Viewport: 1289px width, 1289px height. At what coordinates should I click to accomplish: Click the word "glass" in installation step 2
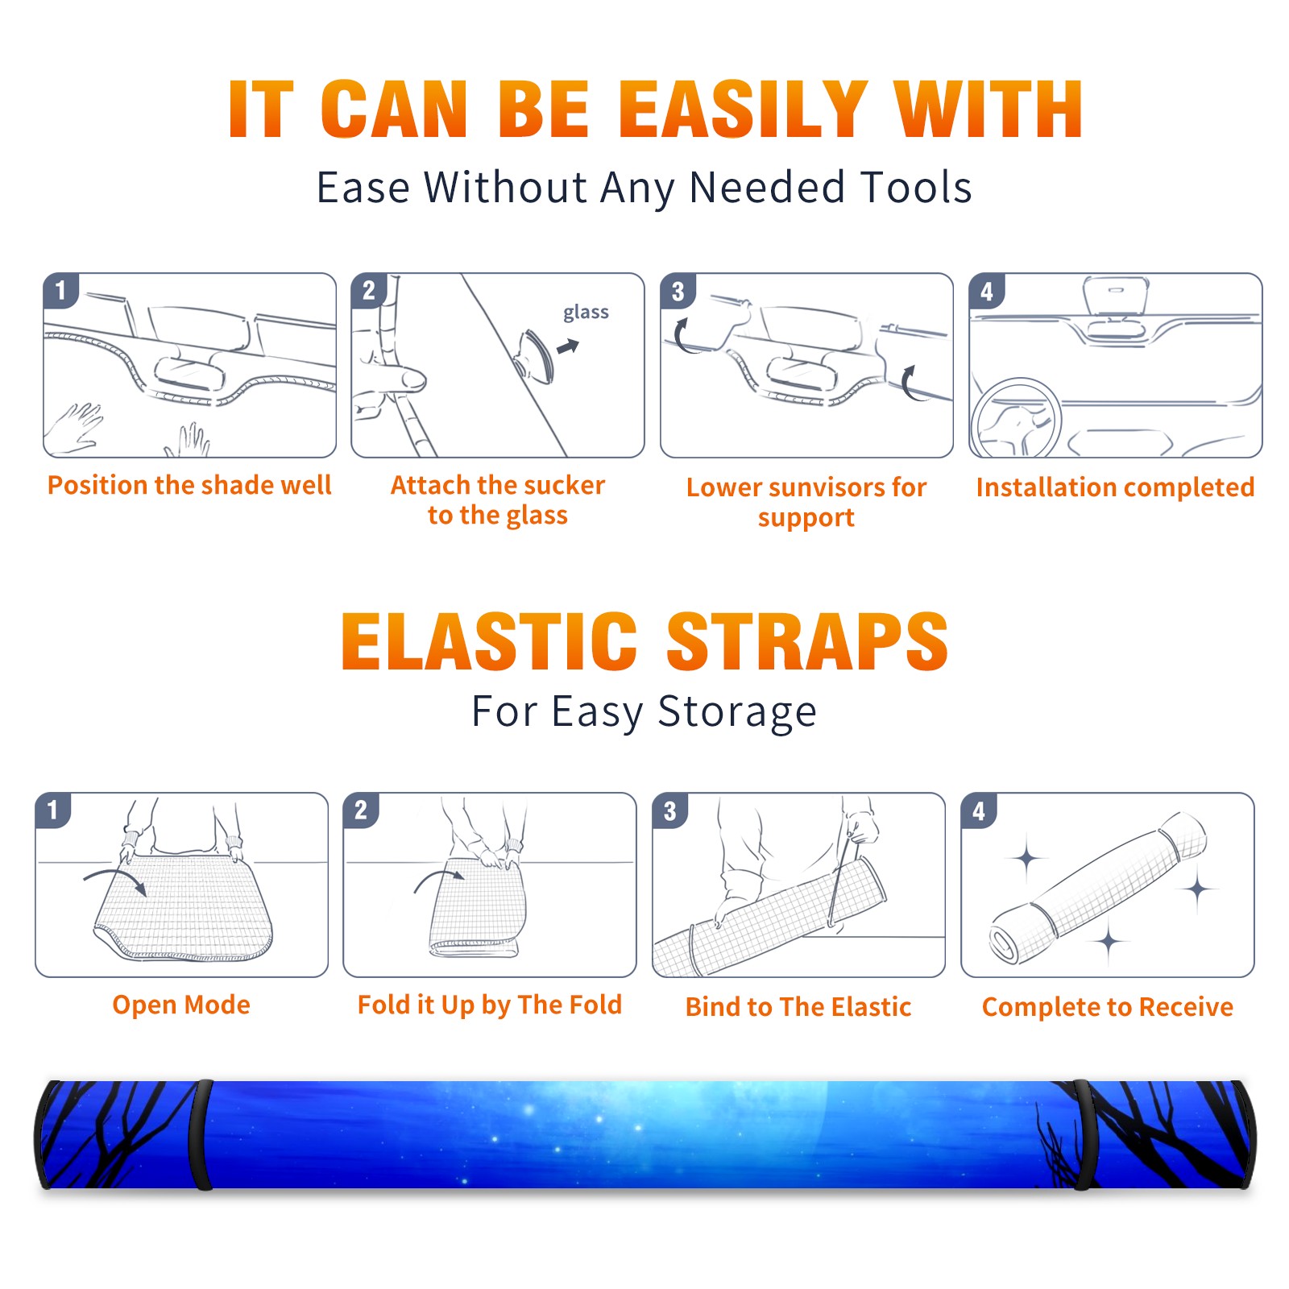586,313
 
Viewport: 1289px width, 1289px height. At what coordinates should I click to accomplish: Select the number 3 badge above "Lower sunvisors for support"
678,291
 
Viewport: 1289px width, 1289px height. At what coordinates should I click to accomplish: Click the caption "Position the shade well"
189,485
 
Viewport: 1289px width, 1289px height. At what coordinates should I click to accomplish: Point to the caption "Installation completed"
1115,487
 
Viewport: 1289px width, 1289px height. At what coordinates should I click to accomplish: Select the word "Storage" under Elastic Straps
737,712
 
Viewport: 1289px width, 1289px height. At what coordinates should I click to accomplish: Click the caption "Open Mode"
181,1005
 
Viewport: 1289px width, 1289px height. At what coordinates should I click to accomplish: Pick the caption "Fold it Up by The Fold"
490,1005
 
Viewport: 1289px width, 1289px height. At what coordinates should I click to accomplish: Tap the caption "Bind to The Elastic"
798,1007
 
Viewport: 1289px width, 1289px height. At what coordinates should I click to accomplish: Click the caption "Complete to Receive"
1108,1007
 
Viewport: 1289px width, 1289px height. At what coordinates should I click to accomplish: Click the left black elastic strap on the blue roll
201,1134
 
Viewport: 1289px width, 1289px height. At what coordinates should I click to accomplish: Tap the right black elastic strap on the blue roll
1083,1134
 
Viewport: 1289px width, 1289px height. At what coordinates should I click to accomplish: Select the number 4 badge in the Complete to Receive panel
979,810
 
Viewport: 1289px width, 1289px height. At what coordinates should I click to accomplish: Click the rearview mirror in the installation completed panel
1116,296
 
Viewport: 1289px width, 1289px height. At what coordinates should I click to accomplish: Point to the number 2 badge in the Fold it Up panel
361,810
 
